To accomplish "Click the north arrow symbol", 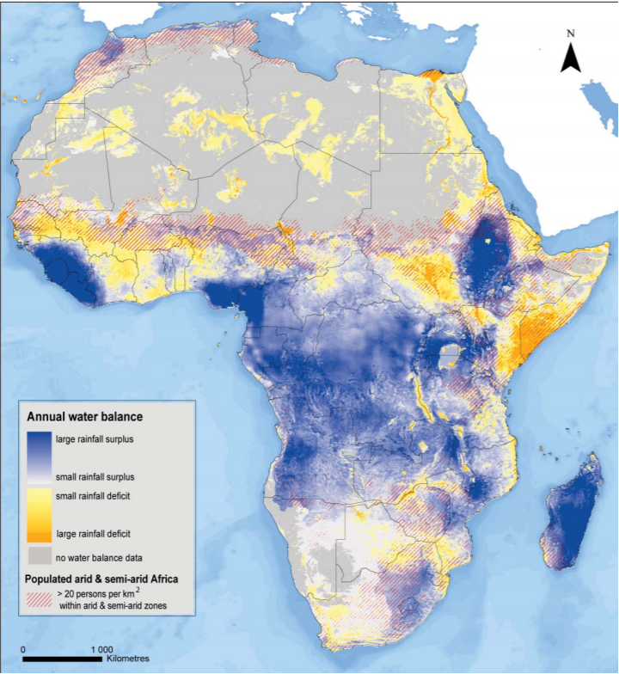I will (570, 58).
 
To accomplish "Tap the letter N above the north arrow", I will (570, 34).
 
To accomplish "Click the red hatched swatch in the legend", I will (41, 593).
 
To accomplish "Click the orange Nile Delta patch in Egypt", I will (439, 76).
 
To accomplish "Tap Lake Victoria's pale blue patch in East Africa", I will (448, 353).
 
